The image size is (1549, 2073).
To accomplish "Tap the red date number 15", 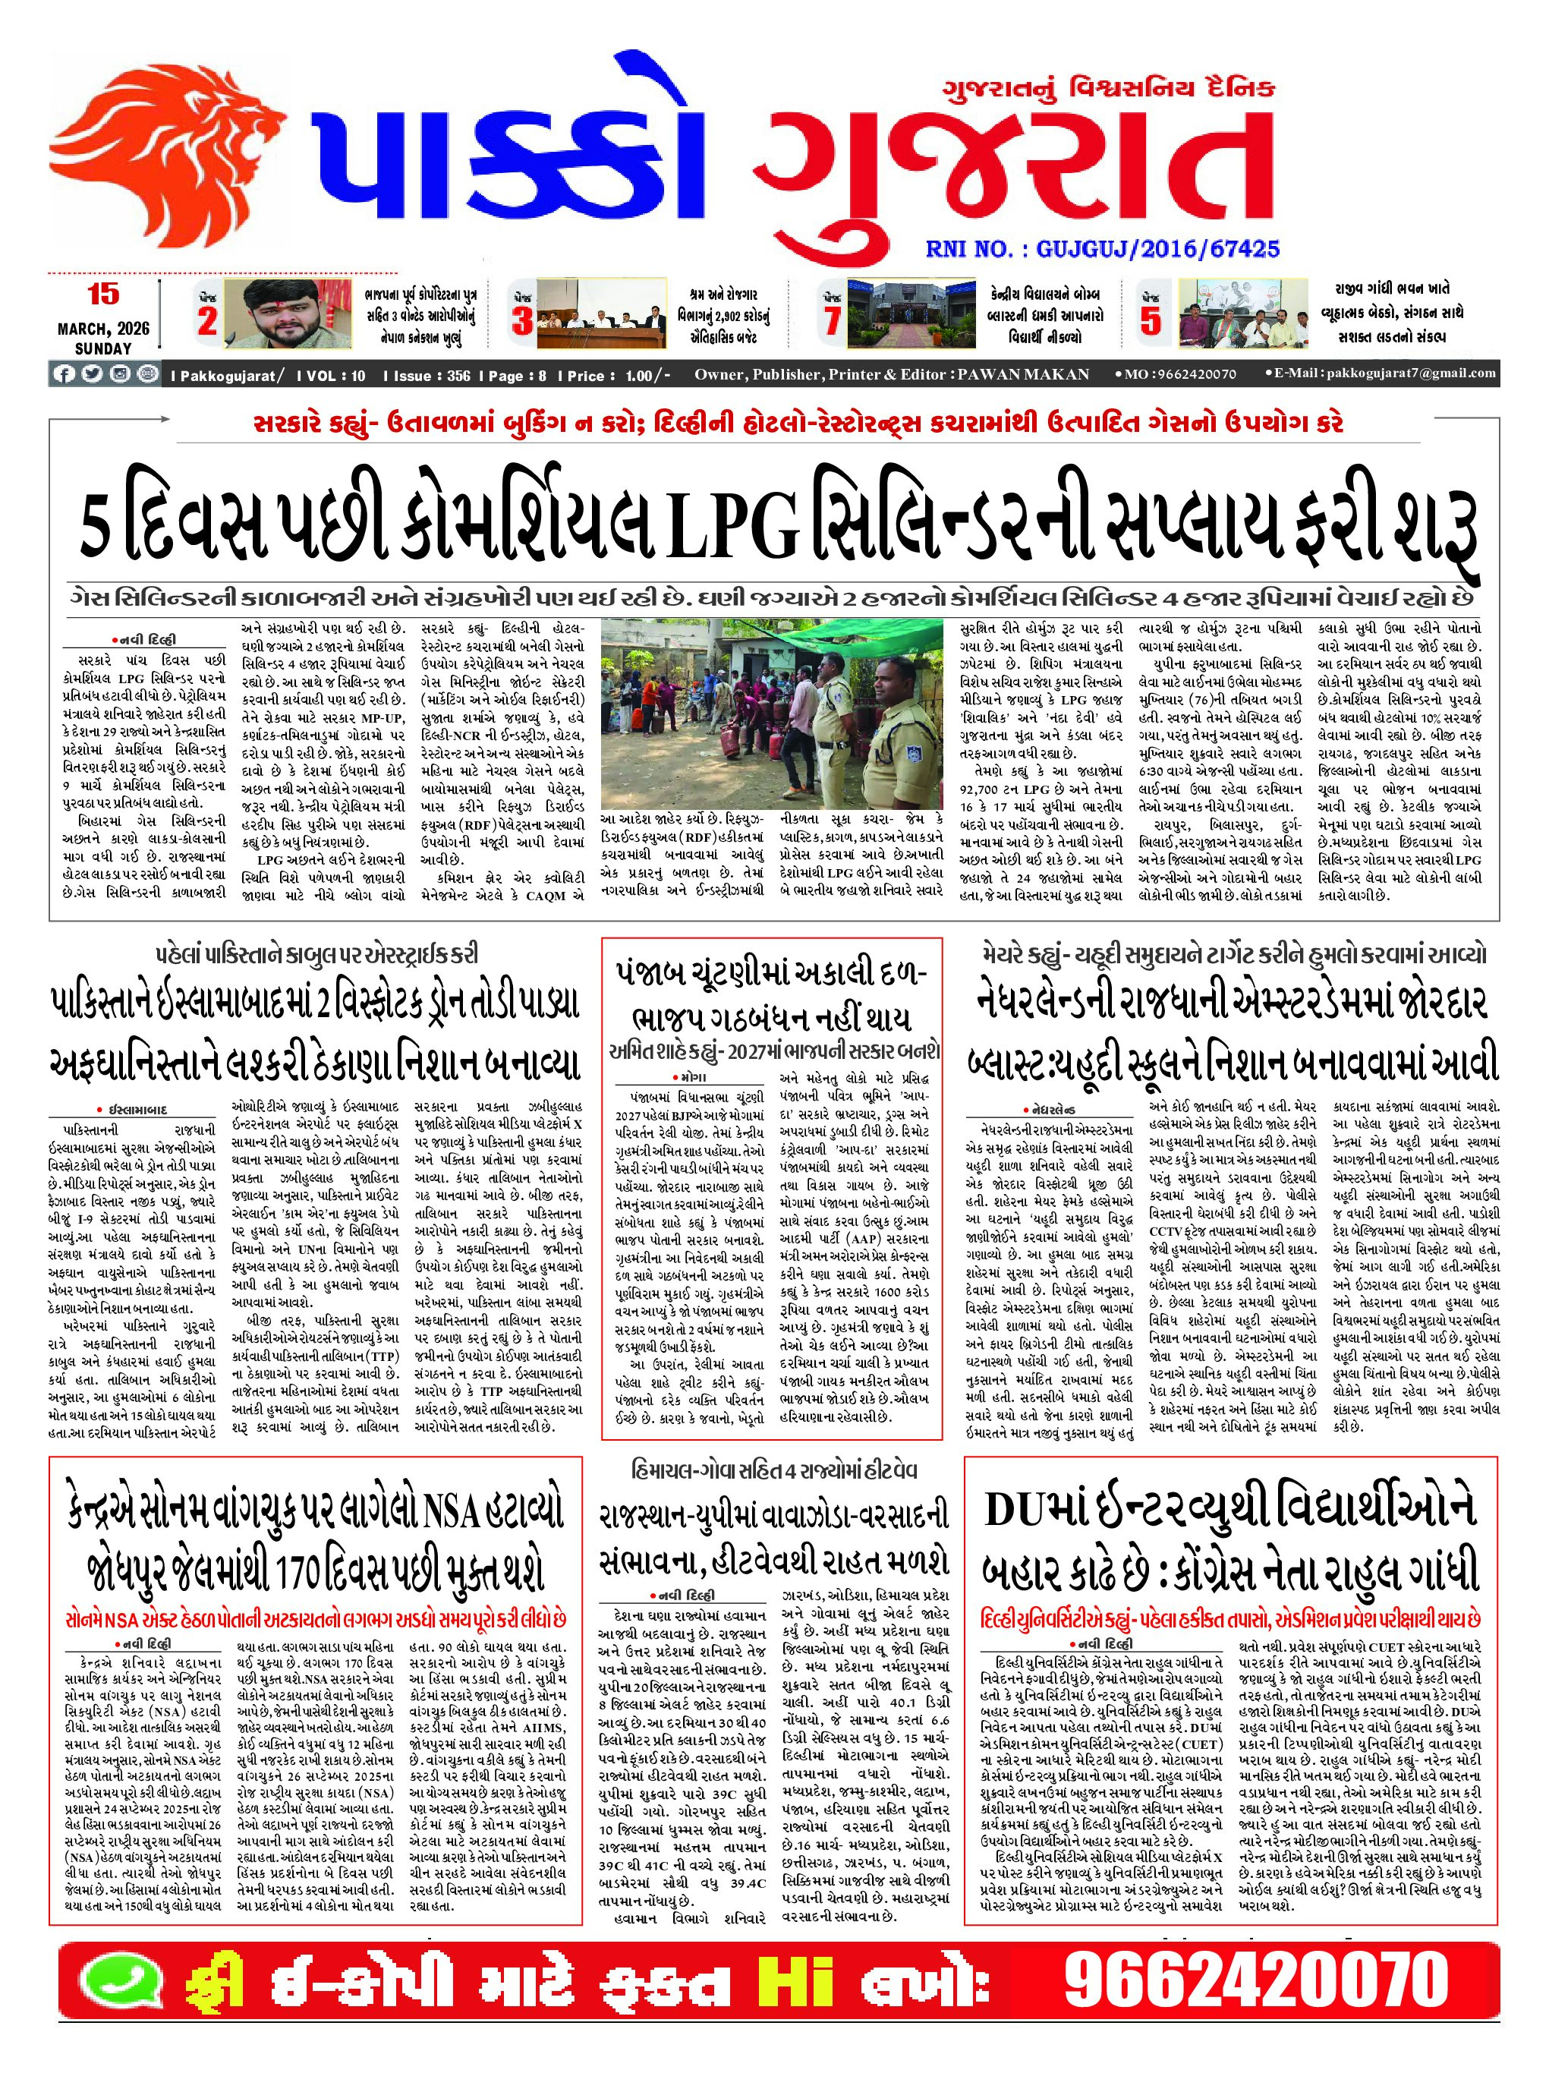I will (103, 295).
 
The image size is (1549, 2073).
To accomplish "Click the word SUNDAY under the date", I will (103, 348).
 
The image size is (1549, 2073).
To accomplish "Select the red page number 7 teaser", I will (831, 320).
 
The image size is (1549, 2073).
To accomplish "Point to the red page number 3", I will (522, 320).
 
